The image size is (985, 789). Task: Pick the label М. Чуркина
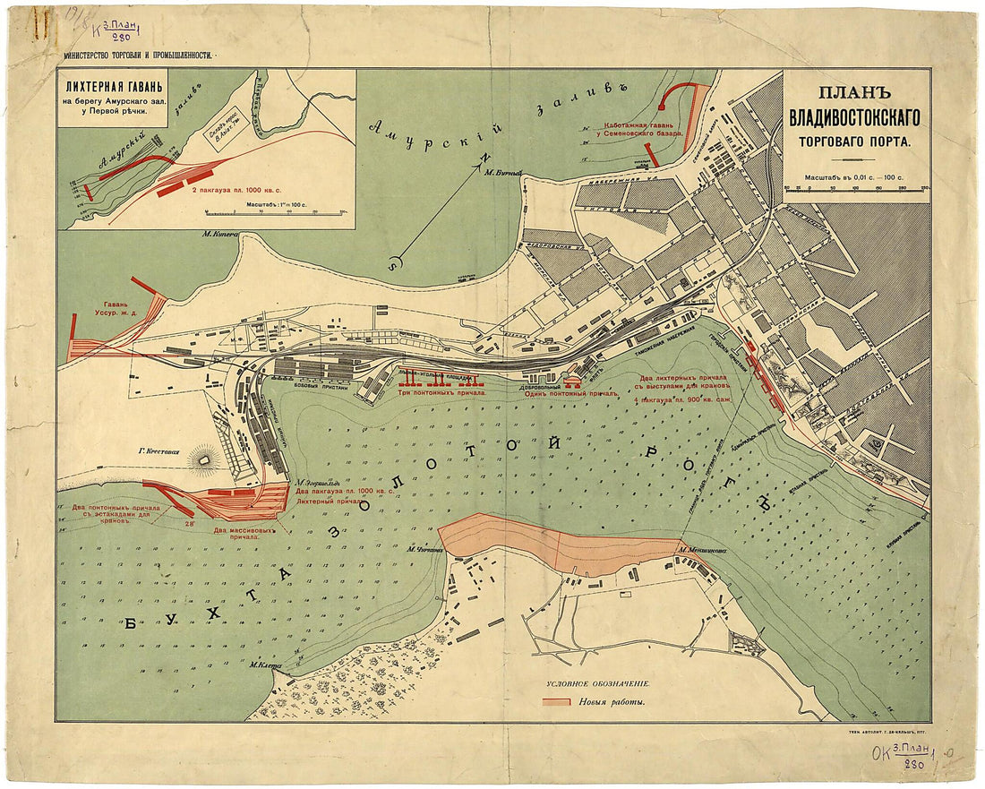click(424, 550)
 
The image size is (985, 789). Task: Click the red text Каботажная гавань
click(639, 126)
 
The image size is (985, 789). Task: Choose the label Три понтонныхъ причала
click(441, 392)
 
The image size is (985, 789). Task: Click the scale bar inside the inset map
click(272, 213)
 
